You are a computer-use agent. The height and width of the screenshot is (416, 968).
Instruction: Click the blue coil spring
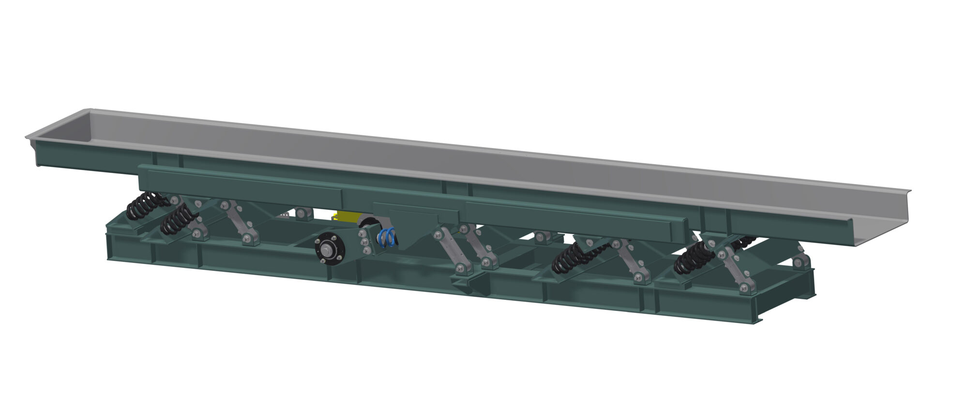(x=388, y=237)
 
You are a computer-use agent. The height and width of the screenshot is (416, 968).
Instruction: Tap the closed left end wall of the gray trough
(x=58, y=128)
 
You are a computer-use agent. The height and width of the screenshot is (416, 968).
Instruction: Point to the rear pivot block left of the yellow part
(x=303, y=213)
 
